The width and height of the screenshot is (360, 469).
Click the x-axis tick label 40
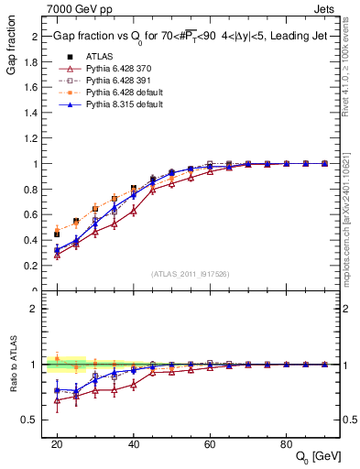134,443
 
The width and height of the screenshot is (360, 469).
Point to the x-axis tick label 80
286,443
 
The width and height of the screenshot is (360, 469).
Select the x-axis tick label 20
57,443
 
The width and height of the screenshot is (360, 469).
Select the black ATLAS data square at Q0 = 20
57,234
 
